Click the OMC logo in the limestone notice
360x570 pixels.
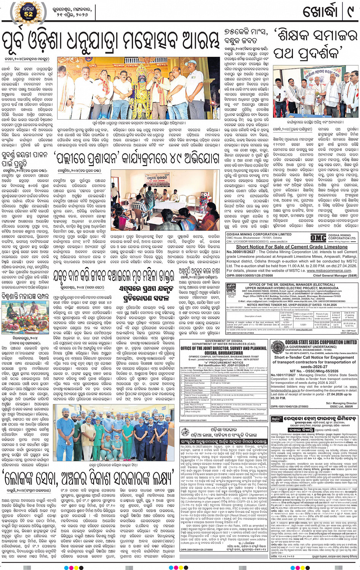(318, 238)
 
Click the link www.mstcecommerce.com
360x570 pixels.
(330, 271)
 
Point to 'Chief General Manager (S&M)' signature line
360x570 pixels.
(335, 275)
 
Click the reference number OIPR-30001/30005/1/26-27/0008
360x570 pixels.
(250, 275)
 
